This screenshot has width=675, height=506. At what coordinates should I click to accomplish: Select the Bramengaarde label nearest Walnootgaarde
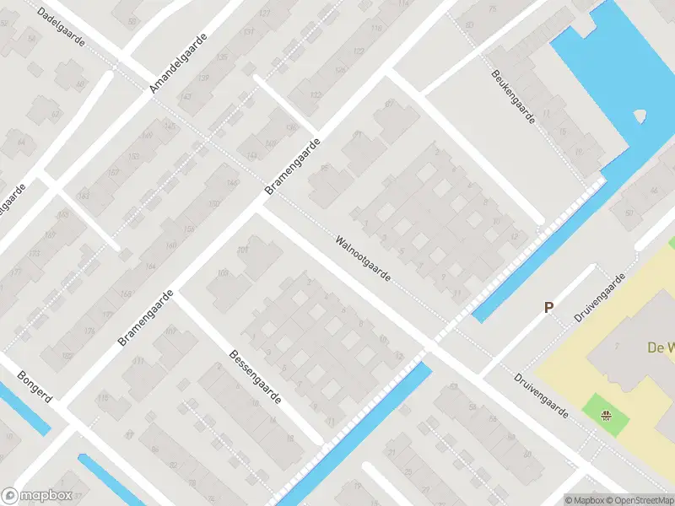[x=293, y=167]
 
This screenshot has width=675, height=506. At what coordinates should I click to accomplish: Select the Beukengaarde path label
[x=513, y=96]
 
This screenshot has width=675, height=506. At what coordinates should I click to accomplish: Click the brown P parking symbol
[x=548, y=309]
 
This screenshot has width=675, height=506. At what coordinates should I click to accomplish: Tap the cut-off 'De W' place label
[x=660, y=347]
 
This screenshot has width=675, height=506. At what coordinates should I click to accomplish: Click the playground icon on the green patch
[x=606, y=414]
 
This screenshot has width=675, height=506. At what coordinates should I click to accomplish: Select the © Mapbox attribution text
[x=586, y=500]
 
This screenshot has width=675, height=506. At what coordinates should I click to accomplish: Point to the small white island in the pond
[x=639, y=115]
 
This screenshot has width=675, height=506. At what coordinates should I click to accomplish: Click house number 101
[x=243, y=250]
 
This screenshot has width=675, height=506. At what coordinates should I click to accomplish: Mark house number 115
[x=103, y=397]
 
